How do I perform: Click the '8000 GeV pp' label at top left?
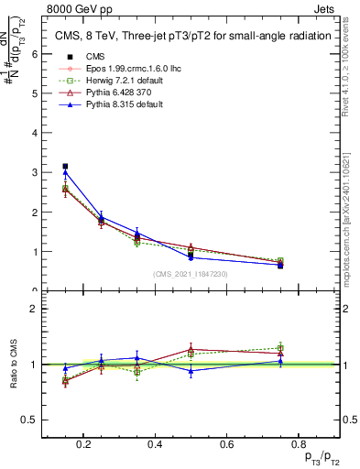(74, 9)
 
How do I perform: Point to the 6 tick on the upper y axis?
(36, 54)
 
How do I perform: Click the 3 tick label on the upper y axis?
(36, 172)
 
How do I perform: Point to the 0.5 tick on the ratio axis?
(31, 420)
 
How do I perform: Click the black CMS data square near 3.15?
(65, 167)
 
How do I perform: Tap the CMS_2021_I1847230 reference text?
(191, 274)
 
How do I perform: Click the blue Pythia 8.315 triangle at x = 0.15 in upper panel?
(65, 172)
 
